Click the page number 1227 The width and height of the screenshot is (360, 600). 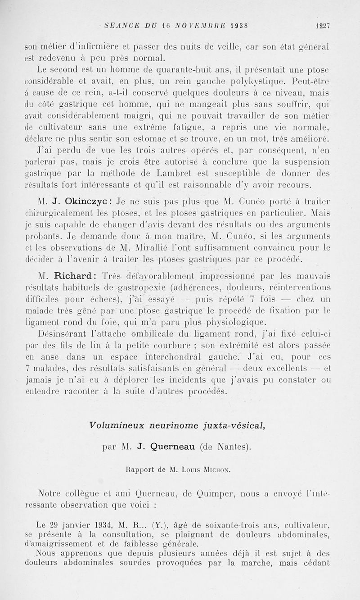[x=323, y=26]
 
